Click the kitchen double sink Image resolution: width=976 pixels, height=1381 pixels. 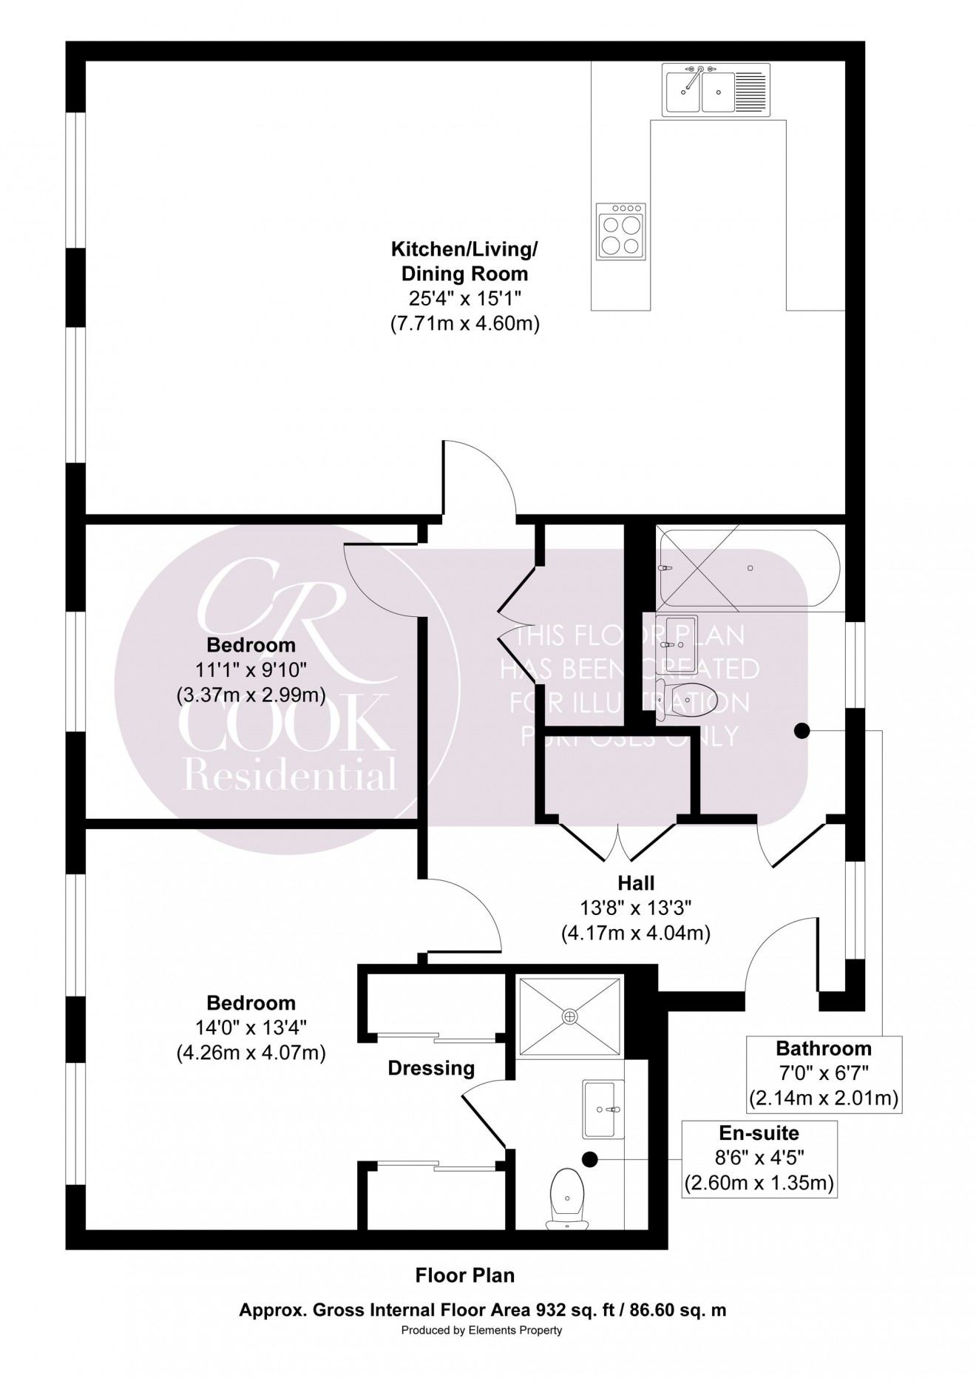pyautogui.click(x=699, y=91)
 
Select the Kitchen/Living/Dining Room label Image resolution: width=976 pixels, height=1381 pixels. pyautogui.click(x=464, y=262)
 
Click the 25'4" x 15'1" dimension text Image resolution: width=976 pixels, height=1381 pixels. pyautogui.click(x=464, y=299)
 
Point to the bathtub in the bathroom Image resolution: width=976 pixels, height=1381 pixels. pyautogui.click(x=748, y=567)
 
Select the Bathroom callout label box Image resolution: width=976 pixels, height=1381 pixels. pyautogui.click(x=824, y=1073)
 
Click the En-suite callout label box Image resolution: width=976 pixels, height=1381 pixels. pyautogui.click(x=759, y=1158)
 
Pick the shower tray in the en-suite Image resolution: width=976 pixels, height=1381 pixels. pyautogui.click(x=569, y=1016)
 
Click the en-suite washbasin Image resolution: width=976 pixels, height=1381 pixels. pyautogui.click(x=603, y=1109)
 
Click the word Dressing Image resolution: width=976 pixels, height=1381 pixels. pyautogui.click(x=431, y=1068)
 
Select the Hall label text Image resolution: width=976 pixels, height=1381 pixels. pyautogui.click(x=636, y=882)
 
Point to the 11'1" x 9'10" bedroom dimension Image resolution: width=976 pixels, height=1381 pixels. pyautogui.click(x=251, y=670)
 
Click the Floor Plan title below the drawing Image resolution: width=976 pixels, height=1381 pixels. pyautogui.click(x=464, y=1275)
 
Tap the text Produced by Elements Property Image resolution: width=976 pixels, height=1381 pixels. pyautogui.click(x=481, y=1330)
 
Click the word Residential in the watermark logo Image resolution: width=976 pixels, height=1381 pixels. pyautogui.click(x=289, y=776)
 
